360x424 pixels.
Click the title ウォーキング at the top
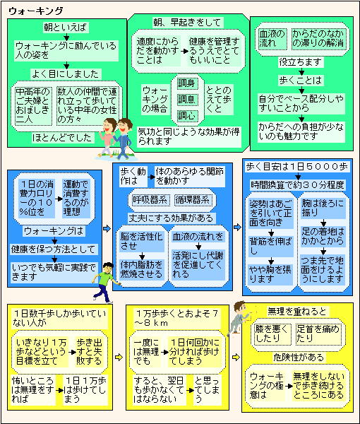(x=36, y=11)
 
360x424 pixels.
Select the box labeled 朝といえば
(x=66, y=28)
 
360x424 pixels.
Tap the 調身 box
(x=186, y=83)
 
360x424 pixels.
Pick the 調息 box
(x=186, y=100)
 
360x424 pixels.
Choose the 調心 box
(x=186, y=116)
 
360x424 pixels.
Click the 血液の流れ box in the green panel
(x=272, y=38)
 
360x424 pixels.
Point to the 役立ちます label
(x=301, y=62)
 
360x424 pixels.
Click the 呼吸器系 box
(x=150, y=200)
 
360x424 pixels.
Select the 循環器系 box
(x=193, y=200)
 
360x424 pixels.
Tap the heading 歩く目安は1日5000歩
(x=296, y=167)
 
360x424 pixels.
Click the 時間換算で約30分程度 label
(x=297, y=185)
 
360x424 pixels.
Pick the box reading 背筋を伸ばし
(x=270, y=246)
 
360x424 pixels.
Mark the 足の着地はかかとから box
(x=323, y=236)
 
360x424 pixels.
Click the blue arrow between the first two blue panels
(x=107, y=228)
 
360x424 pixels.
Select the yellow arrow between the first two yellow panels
(x=119, y=357)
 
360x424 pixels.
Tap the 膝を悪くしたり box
(x=272, y=334)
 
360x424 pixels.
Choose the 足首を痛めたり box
(x=318, y=334)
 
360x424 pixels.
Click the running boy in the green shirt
(x=105, y=282)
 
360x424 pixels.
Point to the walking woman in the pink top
(x=107, y=137)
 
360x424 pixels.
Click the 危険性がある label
(x=298, y=358)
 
